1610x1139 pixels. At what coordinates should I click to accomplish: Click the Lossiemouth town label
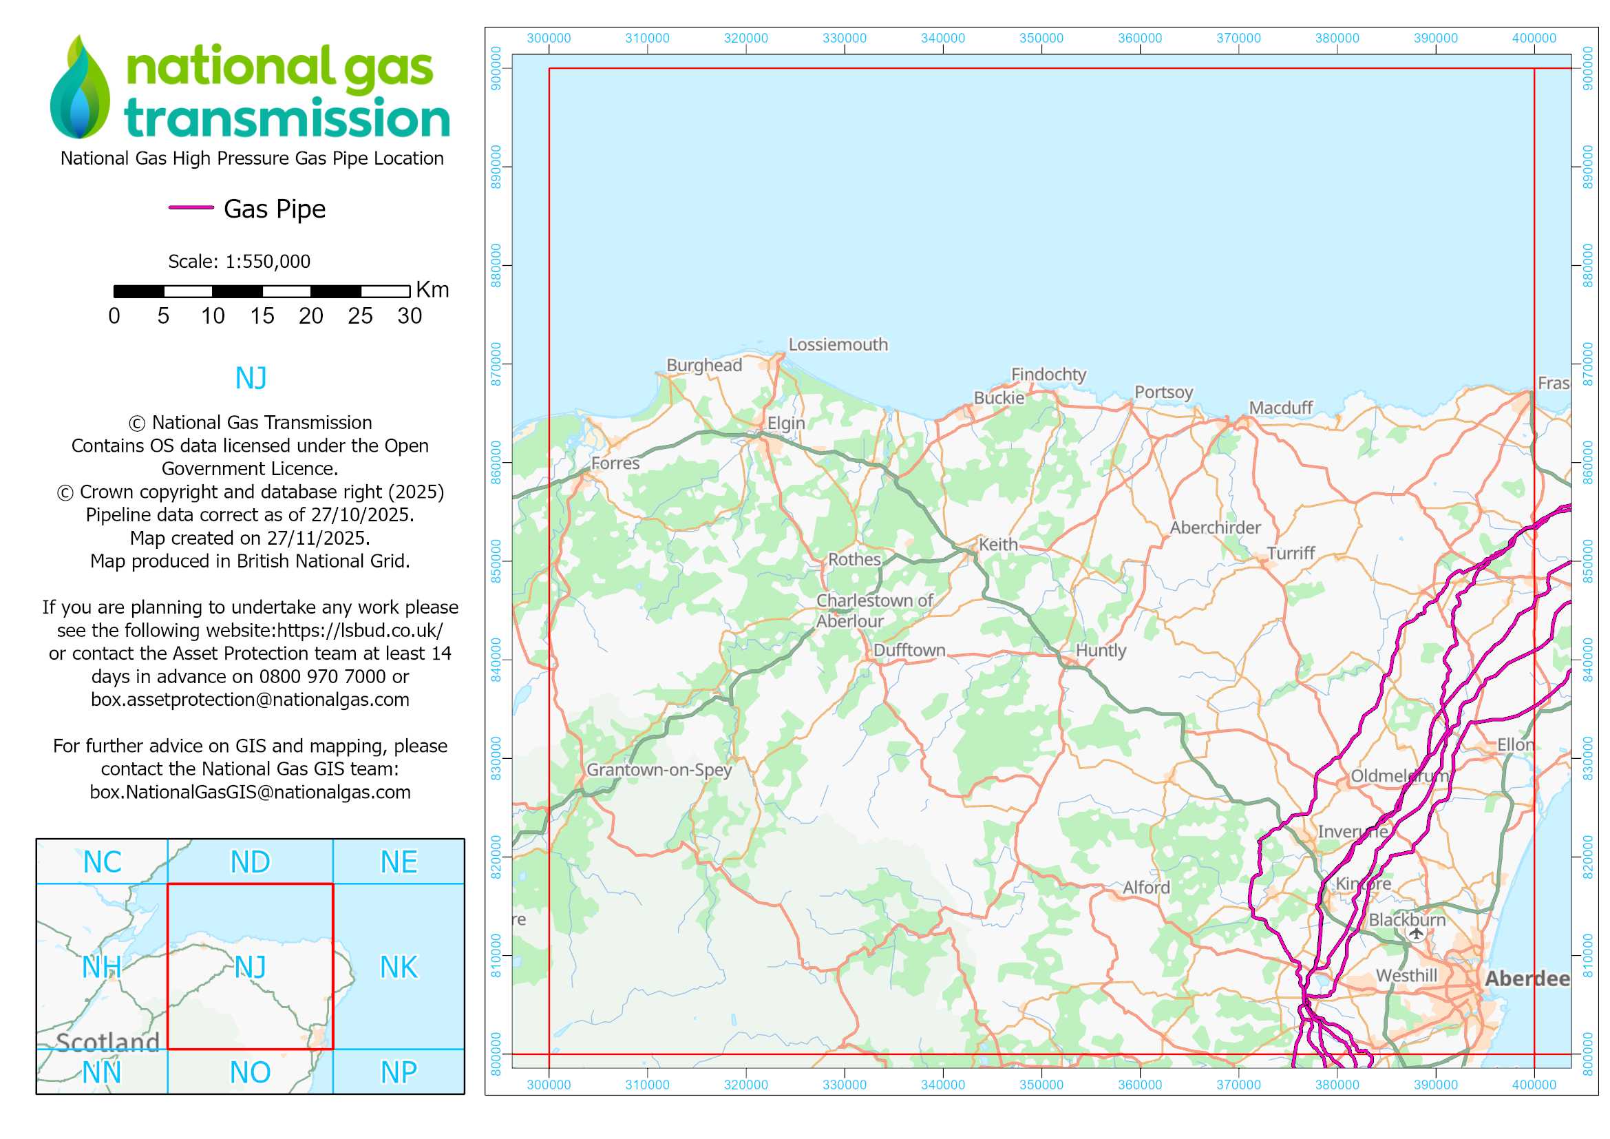coord(838,344)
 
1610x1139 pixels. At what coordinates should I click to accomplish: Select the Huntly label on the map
coord(1101,650)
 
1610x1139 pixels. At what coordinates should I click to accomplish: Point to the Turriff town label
coord(1291,554)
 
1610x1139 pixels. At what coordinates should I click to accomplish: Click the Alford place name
coord(1147,887)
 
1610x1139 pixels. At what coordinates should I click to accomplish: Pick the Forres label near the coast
coord(615,463)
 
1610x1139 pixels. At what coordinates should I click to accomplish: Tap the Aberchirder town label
coord(1215,527)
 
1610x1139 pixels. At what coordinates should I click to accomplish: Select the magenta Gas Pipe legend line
coord(191,207)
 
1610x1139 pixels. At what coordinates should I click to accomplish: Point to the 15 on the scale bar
coord(262,316)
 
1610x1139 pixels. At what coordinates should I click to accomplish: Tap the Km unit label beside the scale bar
coord(432,290)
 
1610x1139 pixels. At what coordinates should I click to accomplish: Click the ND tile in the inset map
coord(250,862)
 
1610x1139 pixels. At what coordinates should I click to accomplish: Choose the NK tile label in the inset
coord(399,967)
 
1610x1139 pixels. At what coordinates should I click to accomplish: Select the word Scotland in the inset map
coord(108,1042)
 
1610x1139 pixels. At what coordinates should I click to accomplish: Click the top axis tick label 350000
coord(1041,38)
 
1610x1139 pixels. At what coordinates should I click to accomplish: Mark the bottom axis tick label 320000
coord(745,1085)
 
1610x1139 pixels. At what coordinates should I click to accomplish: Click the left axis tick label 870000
coord(496,364)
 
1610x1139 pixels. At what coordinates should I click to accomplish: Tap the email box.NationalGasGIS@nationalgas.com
coord(250,792)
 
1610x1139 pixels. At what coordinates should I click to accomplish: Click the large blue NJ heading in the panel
coord(251,378)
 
